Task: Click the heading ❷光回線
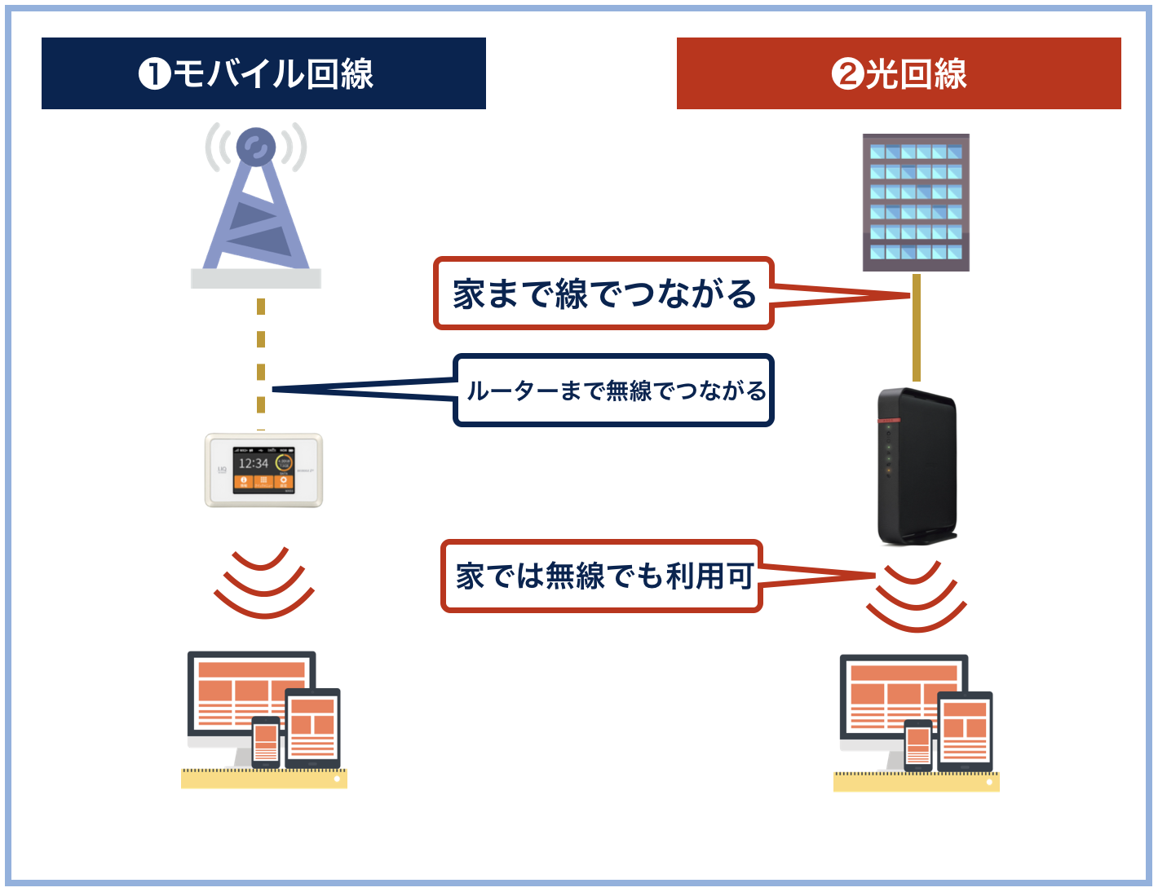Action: coord(899,73)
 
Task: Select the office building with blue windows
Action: coord(916,202)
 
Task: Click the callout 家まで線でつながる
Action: coord(603,294)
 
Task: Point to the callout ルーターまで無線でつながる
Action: coord(613,391)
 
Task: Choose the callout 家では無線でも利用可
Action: coord(602,576)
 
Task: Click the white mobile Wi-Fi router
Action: coord(263,470)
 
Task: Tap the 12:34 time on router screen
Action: coord(253,463)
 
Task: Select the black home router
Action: coord(916,467)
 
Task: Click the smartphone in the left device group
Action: coord(266,742)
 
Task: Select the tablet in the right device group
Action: coord(965,731)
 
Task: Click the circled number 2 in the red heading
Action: coord(846,74)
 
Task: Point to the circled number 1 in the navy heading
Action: coord(154,74)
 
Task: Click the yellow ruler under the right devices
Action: coord(916,782)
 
